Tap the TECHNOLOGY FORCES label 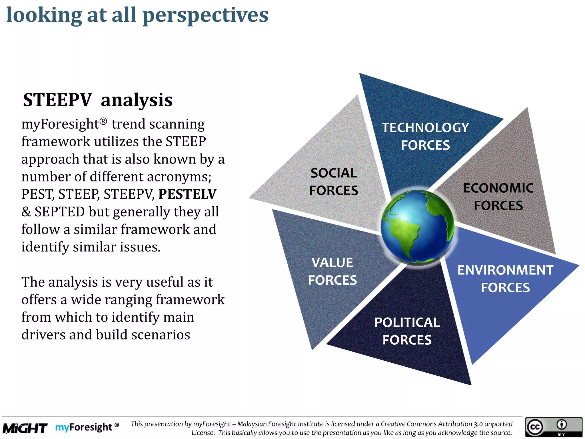click(425, 136)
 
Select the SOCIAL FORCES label click(333, 182)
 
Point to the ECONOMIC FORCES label click(498, 197)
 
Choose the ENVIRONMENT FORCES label click(505, 279)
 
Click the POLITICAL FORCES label click(407, 331)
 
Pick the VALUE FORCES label click(332, 271)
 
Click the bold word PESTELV click(187, 194)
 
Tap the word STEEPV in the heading click(57, 100)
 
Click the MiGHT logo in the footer click(25, 428)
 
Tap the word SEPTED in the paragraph click(59, 212)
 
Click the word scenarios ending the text click(161, 335)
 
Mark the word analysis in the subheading click(137, 100)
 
